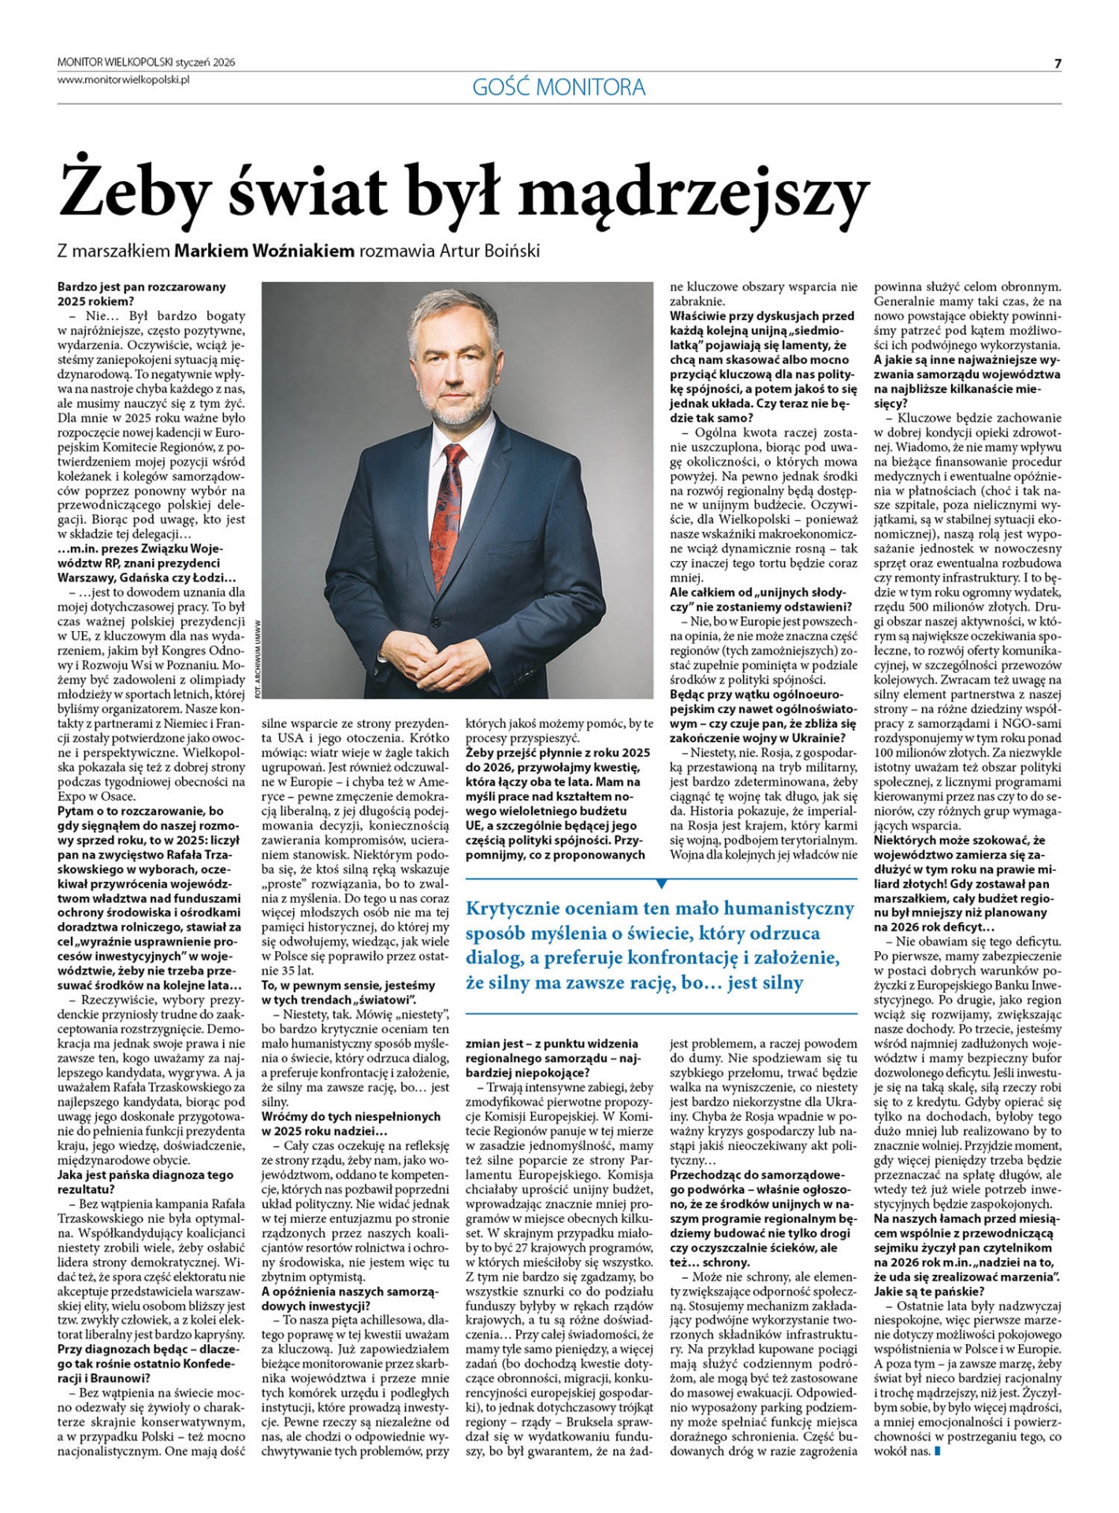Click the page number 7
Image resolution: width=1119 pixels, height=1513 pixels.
(1058, 64)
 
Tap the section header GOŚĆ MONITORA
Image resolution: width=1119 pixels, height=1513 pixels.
(559, 87)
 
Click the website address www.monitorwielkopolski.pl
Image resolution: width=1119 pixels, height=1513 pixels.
(124, 79)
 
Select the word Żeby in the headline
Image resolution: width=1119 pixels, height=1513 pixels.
(132, 191)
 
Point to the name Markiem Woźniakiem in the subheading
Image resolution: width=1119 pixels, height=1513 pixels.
(264, 251)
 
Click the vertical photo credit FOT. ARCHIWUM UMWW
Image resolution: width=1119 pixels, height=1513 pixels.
(257, 658)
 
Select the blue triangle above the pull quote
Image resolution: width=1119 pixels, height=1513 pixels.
(662, 883)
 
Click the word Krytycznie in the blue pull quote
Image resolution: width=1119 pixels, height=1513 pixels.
(514, 909)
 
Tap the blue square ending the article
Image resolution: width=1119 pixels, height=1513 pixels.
(937, 1451)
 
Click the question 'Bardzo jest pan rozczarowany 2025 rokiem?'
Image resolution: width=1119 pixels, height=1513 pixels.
(142, 293)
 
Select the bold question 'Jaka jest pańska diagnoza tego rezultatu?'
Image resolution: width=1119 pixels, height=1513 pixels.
(146, 1182)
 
